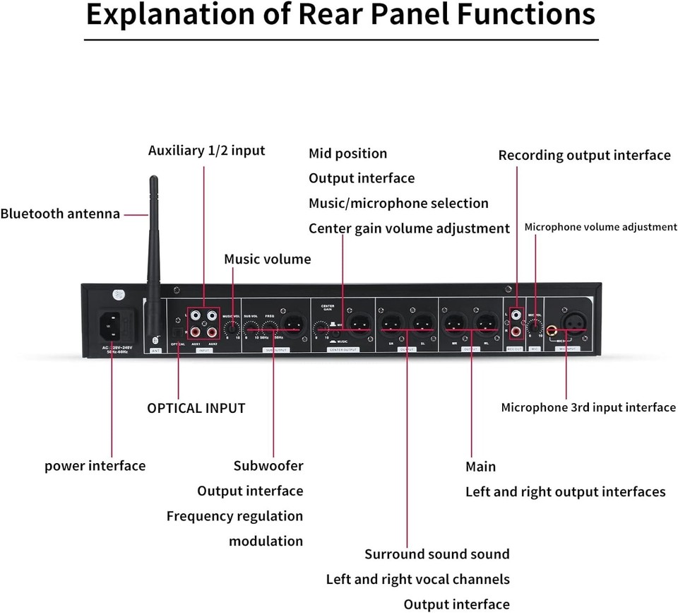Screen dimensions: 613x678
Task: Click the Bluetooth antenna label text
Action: coord(60,214)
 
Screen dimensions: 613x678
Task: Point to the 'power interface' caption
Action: coord(95,466)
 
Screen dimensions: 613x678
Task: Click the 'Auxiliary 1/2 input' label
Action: coord(206,151)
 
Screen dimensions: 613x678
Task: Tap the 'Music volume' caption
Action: coord(267,259)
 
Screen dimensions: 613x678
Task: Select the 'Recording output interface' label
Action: coord(584,155)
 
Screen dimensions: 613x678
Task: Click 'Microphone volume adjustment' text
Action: coord(600,227)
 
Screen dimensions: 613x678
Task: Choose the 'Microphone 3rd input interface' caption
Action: coord(588,407)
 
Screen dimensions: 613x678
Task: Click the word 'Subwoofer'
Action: coord(268,466)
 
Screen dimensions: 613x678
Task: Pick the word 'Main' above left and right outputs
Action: coord(480,467)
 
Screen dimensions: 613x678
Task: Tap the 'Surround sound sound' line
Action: coord(436,554)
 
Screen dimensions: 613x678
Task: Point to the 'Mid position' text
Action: coord(347,153)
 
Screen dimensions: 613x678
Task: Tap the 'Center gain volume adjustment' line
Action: coord(409,228)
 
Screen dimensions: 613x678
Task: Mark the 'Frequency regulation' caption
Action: coord(234,516)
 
